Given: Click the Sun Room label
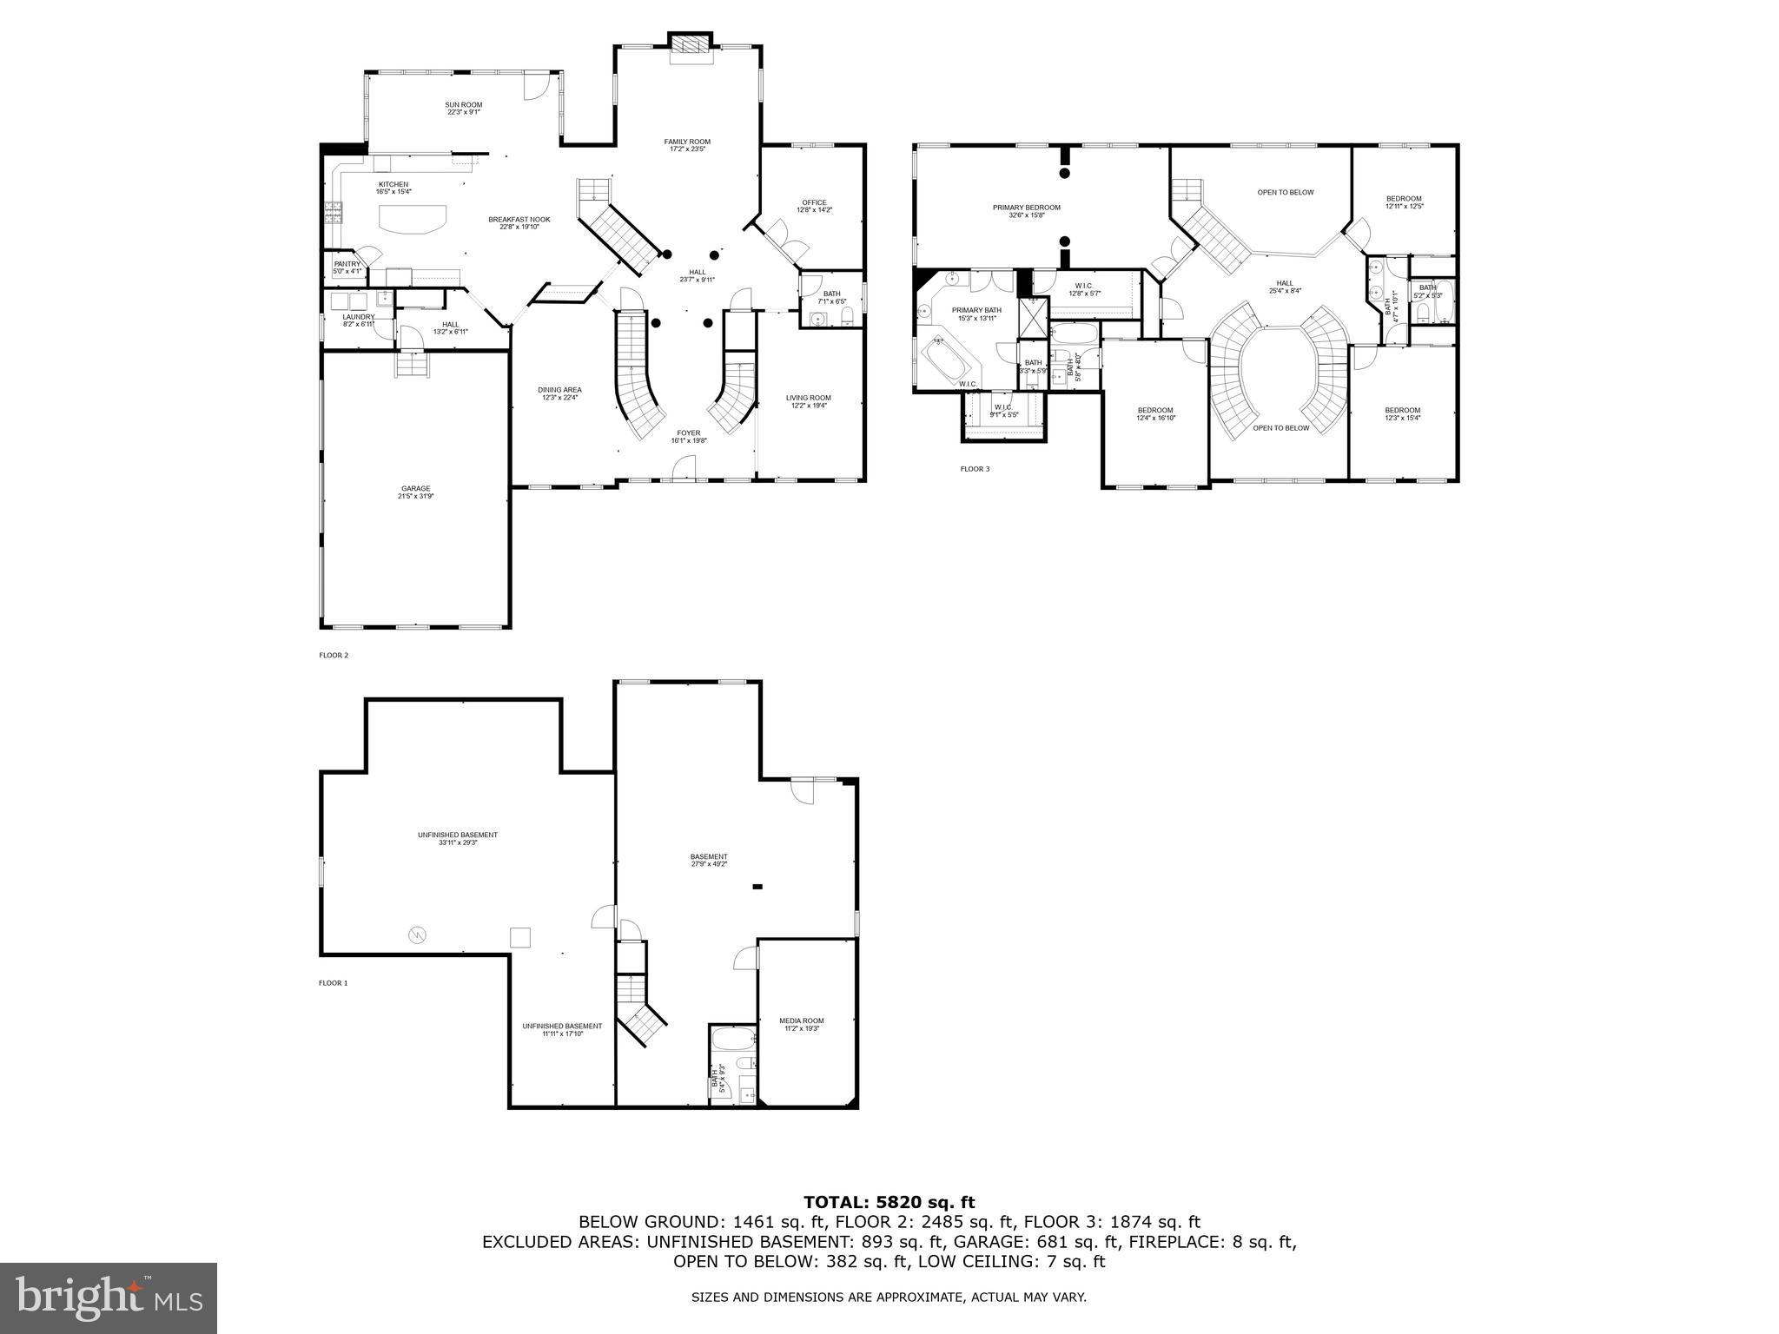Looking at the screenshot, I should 464,105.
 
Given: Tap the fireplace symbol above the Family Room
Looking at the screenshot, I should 691,48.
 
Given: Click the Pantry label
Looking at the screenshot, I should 347,264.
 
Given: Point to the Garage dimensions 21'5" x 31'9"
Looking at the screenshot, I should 415,496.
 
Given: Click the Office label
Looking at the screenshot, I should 814,202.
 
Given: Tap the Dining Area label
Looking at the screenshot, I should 559,390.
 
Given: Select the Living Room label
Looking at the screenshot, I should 809,398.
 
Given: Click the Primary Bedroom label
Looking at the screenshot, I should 1027,208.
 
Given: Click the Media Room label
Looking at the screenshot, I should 801,1020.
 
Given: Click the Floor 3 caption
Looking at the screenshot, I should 974,469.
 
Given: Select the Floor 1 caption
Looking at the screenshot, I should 333,983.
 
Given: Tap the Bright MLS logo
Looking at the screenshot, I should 109,1298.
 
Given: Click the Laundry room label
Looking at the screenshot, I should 358,317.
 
